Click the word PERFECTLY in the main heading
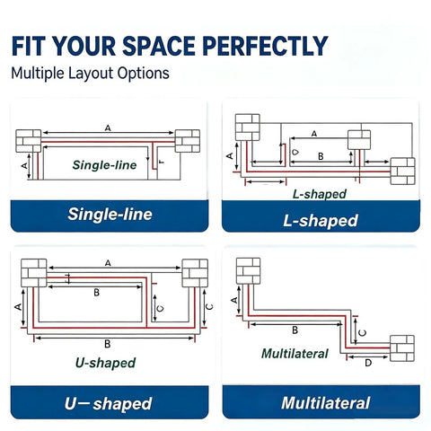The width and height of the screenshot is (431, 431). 265,46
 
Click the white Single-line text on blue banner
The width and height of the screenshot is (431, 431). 110,215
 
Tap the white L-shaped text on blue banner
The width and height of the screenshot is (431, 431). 321,221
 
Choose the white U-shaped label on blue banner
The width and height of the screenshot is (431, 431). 108,403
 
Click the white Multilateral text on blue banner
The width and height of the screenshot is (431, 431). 326,403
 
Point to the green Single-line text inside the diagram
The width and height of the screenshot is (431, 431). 104,165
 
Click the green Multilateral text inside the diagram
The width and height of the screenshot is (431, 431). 295,354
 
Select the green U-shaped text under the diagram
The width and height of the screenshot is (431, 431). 105,363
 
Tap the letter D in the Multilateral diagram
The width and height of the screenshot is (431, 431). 368,363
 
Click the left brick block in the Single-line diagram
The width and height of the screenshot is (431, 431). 29,141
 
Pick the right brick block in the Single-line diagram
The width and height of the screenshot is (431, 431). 188,141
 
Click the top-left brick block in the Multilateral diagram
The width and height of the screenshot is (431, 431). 248,271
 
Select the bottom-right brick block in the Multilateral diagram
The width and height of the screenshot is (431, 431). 402,348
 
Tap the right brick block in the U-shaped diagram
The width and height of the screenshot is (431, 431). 195,273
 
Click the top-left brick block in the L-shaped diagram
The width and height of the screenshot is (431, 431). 248,128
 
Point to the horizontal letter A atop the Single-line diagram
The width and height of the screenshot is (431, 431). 108,128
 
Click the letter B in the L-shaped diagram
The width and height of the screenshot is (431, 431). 321,156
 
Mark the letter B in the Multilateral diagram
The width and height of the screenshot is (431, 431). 295,330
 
